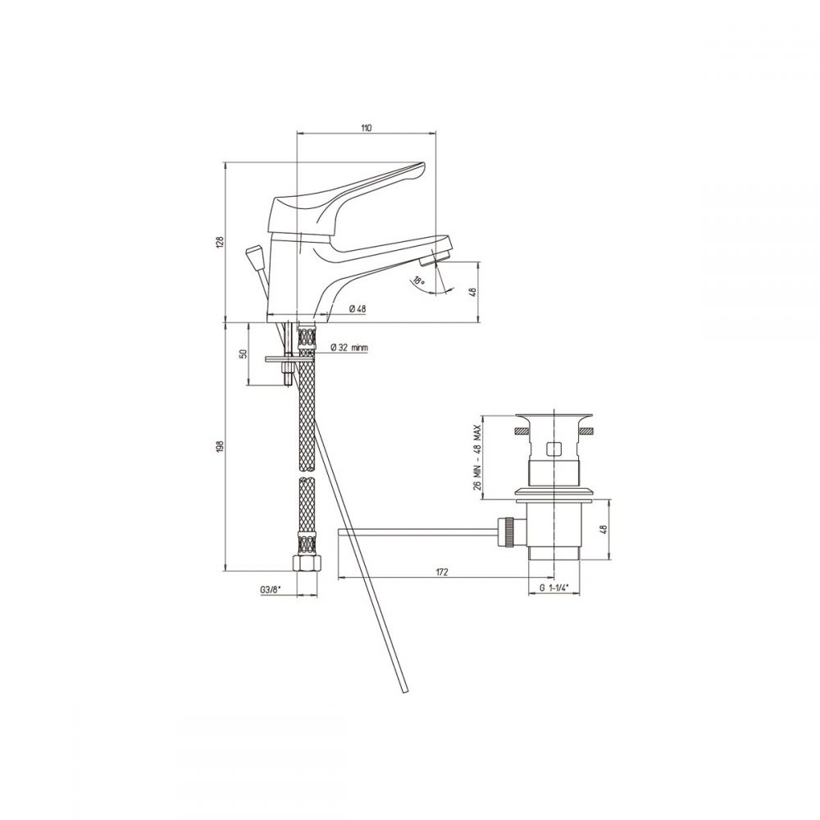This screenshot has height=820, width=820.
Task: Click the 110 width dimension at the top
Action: (366, 128)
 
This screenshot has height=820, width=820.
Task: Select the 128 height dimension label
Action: (220, 242)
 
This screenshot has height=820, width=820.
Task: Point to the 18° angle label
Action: (419, 280)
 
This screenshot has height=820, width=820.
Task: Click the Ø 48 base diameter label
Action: (358, 308)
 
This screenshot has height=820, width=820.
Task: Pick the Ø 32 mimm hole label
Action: (350, 347)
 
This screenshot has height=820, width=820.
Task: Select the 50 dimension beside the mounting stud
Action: (242, 354)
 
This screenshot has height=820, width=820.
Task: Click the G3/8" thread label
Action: (271, 590)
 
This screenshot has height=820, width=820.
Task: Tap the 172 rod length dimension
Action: (442, 572)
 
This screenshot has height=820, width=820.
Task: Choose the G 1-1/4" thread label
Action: (553, 588)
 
